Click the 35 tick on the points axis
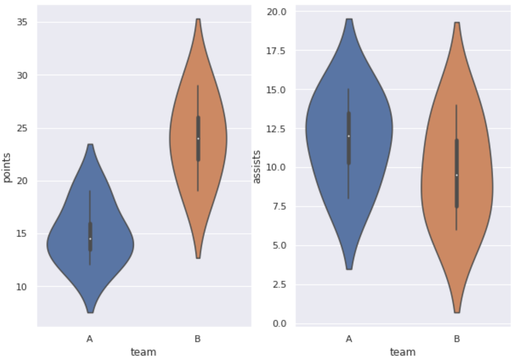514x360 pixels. pyautogui.click(x=22, y=22)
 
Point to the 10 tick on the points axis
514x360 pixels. pyautogui.click(x=22, y=287)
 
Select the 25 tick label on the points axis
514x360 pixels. pyautogui.click(x=22, y=128)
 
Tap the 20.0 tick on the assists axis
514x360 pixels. pyautogui.click(x=277, y=12)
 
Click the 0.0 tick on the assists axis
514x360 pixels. pyautogui.click(x=280, y=323)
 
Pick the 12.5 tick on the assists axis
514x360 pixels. pyautogui.click(x=276, y=129)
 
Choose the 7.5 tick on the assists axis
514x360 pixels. pyautogui.click(x=280, y=206)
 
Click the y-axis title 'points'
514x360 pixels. pyautogui.click(x=7, y=168)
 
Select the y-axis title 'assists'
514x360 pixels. pyautogui.click(x=257, y=167)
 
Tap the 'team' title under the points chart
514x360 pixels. pyautogui.click(x=143, y=352)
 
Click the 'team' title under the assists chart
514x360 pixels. pyautogui.click(x=403, y=352)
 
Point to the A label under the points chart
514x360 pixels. pyautogui.click(x=90, y=339)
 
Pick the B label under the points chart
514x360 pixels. pyautogui.click(x=198, y=339)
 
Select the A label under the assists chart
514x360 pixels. pyautogui.click(x=349, y=339)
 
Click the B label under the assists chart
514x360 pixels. pyautogui.click(x=457, y=339)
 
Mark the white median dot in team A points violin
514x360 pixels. pyautogui.click(x=90, y=239)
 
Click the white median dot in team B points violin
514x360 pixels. pyautogui.click(x=198, y=139)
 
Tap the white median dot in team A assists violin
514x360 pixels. pyautogui.click(x=349, y=136)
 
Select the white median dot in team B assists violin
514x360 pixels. pyautogui.click(x=457, y=175)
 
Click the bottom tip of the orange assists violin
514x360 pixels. pyautogui.click(x=457, y=312)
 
